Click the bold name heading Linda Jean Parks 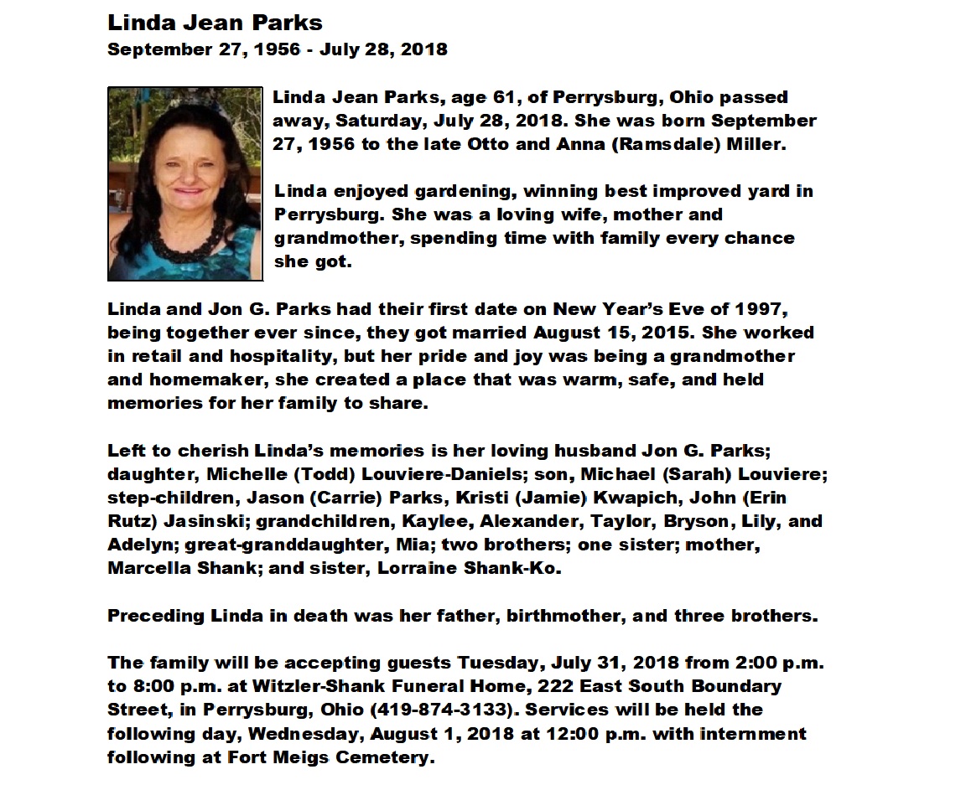215,23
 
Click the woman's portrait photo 184,183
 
